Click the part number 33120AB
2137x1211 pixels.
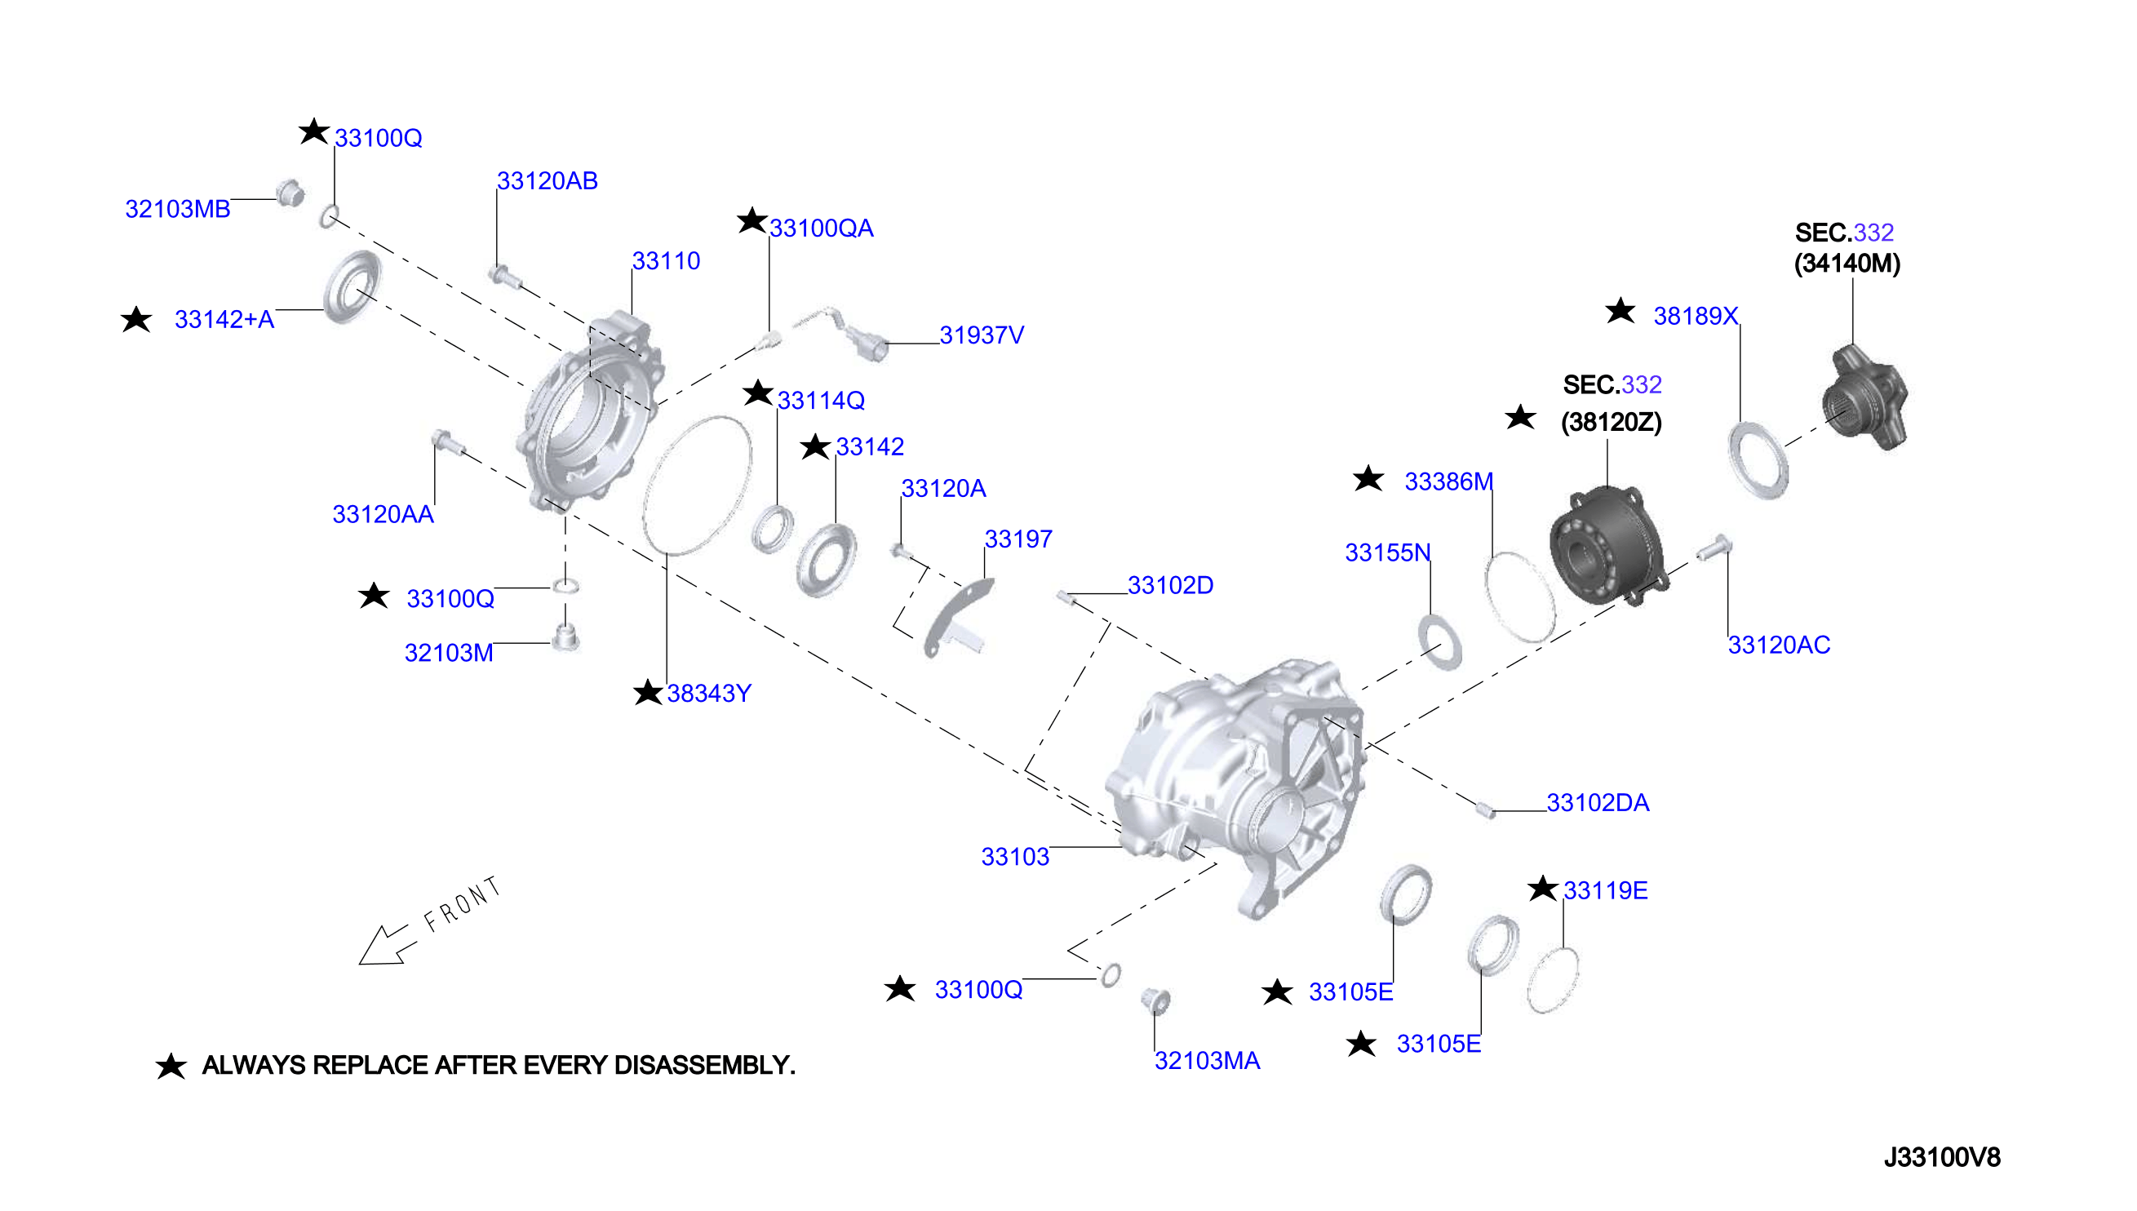(548, 180)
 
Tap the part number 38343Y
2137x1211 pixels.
(708, 693)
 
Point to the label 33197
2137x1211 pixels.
(1018, 539)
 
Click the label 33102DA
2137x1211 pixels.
(1598, 803)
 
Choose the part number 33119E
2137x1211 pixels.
(1605, 890)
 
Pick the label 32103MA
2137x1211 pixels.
(1207, 1061)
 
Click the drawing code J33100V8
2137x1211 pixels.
(1942, 1157)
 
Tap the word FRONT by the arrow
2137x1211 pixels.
(462, 904)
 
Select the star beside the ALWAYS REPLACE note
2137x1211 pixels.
(171, 1066)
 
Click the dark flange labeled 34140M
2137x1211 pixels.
(1866, 397)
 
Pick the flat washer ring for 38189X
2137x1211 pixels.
(1758, 461)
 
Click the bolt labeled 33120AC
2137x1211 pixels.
(1713, 548)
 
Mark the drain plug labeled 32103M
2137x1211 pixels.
(565, 638)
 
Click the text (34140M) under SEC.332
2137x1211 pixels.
(1847, 264)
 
